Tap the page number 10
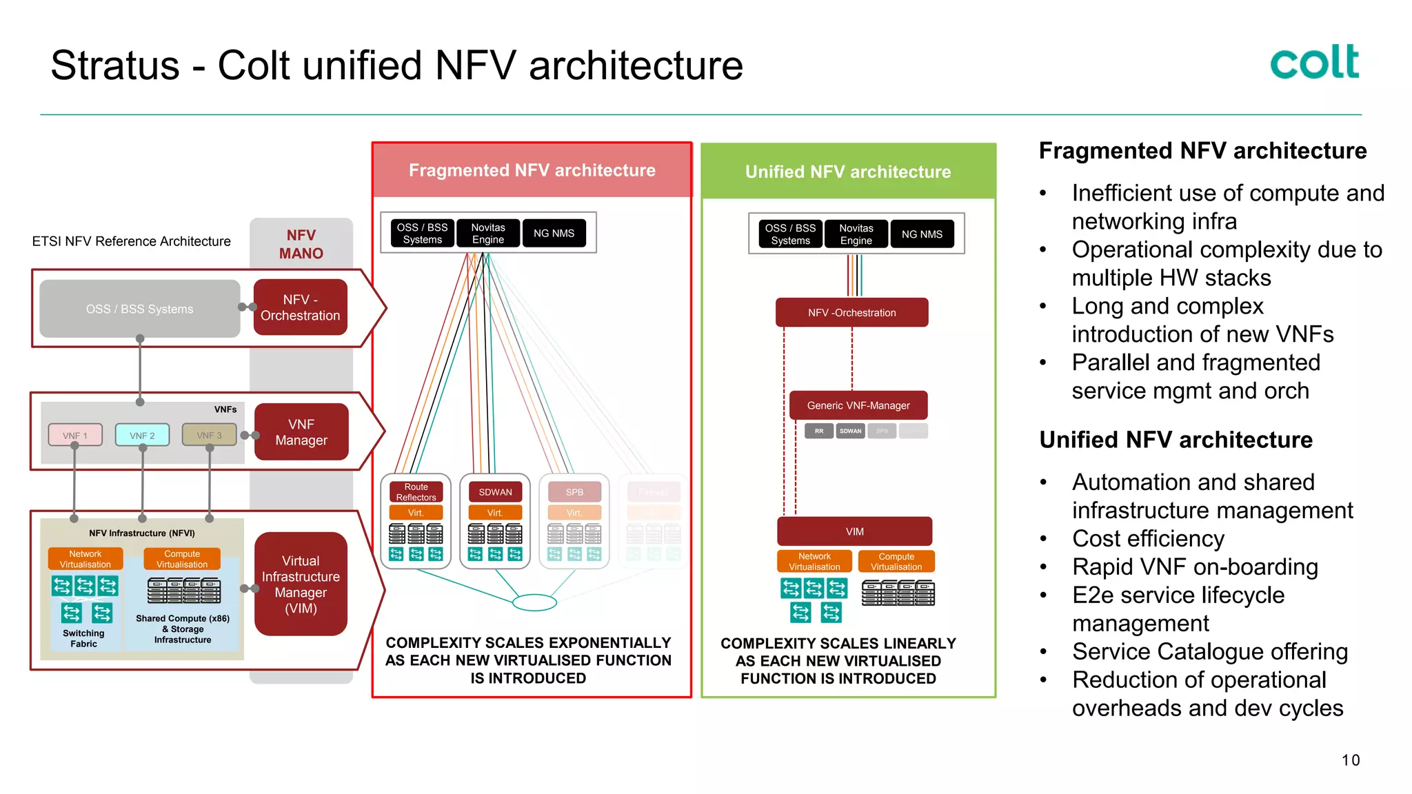pos(1350,760)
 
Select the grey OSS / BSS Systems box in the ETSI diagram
pos(140,309)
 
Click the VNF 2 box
pos(142,435)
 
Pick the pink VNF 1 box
pos(75,435)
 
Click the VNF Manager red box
pos(301,432)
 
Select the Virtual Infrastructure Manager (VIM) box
pos(301,584)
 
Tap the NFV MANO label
pos(301,244)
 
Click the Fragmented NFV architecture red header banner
pos(532,170)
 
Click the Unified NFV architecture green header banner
pos(848,172)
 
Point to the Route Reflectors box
pos(416,491)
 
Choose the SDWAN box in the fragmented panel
pos(495,491)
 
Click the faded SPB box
pos(574,491)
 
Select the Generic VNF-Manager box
pos(858,405)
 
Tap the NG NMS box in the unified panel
pos(922,234)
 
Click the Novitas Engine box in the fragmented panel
pos(487,233)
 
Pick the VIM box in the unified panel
pos(854,531)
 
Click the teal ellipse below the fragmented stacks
pos(534,602)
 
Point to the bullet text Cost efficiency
pos(1148,538)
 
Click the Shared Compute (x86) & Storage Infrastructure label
pos(183,629)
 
